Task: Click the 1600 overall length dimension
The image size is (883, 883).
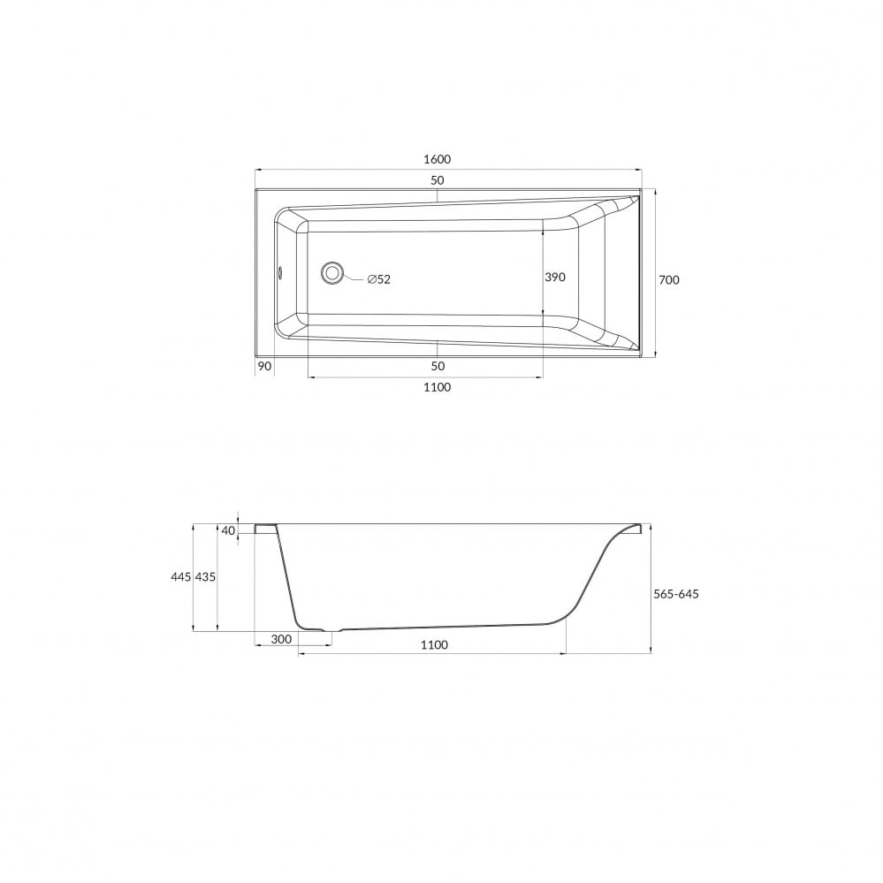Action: coord(437,159)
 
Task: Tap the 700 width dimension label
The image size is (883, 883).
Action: coord(669,280)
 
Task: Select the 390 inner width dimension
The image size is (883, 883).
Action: coord(555,277)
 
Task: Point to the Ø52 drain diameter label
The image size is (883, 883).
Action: coord(379,279)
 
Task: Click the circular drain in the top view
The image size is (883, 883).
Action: coord(332,273)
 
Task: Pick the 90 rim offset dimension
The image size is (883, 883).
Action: coord(264,366)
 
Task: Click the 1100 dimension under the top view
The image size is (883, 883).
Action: coord(437,387)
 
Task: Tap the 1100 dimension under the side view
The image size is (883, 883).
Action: coord(434,644)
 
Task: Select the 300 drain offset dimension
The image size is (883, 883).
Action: coord(282,639)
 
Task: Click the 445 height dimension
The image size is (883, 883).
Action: coord(181,577)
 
